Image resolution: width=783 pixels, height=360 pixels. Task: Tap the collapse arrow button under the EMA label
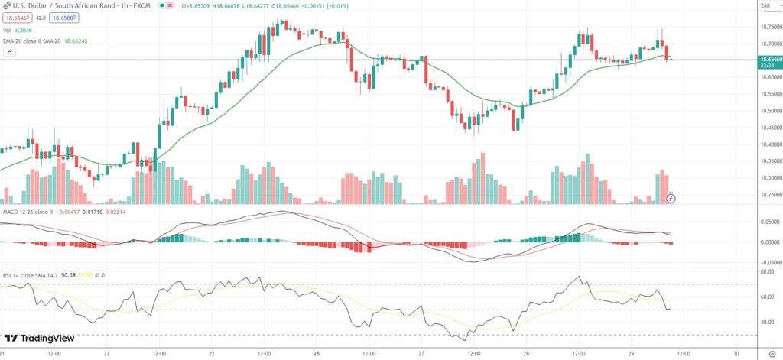point(9,52)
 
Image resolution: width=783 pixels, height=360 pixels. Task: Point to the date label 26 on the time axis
point(315,354)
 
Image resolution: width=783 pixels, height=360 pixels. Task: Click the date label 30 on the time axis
point(736,354)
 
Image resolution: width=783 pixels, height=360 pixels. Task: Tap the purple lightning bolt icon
point(671,198)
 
